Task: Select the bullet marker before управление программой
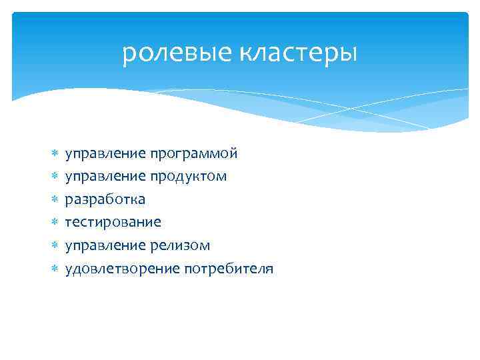(x=55, y=154)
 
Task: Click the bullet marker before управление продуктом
(x=55, y=177)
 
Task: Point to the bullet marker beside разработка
(x=55, y=200)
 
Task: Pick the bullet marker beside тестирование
(x=55, y=223)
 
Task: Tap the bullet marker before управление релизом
(x=55, y=246)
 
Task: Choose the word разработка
(x=105, y=200)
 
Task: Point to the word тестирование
(x=113, y=223)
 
